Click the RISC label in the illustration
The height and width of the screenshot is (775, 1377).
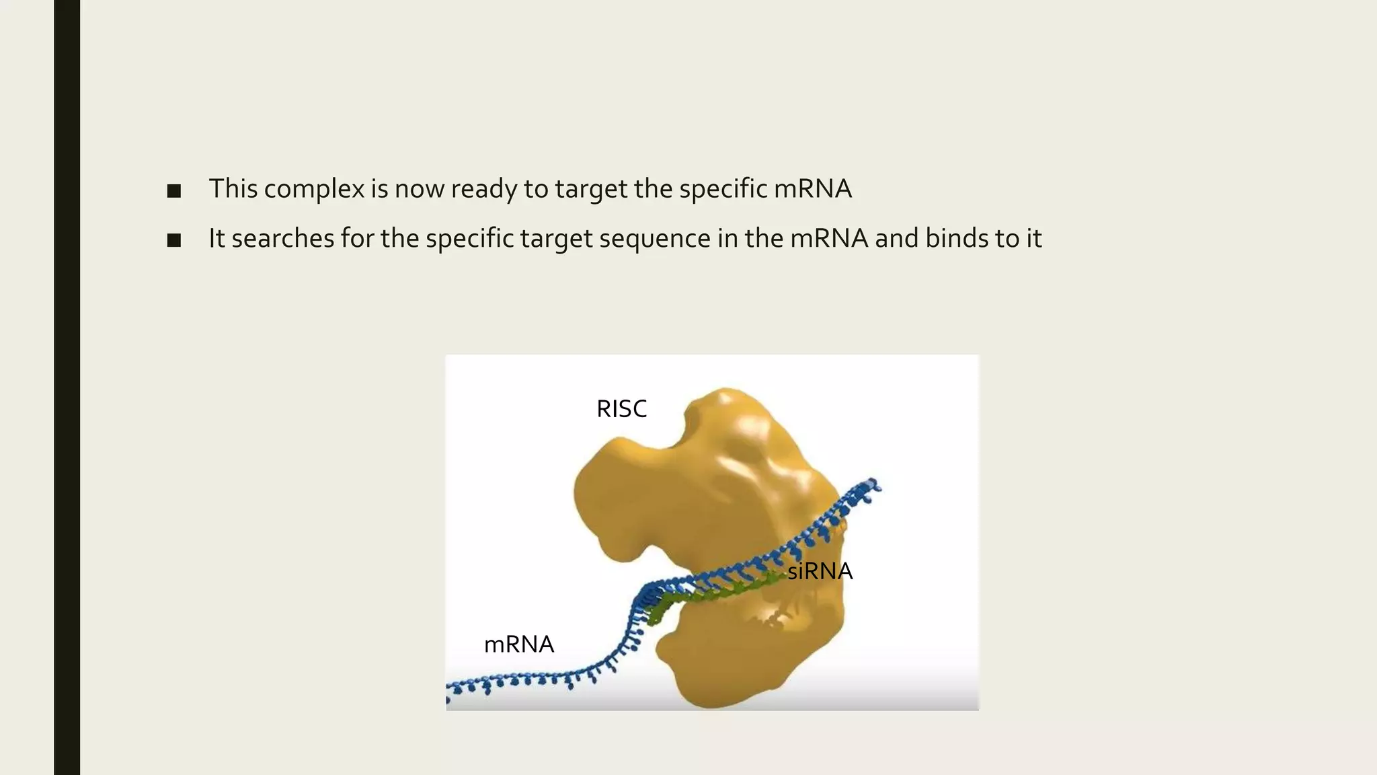point(621,409)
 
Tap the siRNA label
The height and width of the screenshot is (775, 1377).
point(820,571)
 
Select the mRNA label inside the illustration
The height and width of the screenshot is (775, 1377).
point(519,644)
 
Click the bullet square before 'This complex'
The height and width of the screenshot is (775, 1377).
point(174,191)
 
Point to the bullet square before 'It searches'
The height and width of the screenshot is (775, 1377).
point(174,240)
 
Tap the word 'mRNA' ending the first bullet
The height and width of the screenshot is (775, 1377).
point(812,189)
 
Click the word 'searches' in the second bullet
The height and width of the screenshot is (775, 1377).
point(282,239)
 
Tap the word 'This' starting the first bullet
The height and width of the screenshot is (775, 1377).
point(233,189)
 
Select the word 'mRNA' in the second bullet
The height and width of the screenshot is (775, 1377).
point(828,239)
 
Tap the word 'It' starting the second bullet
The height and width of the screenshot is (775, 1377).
point(216,239)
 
